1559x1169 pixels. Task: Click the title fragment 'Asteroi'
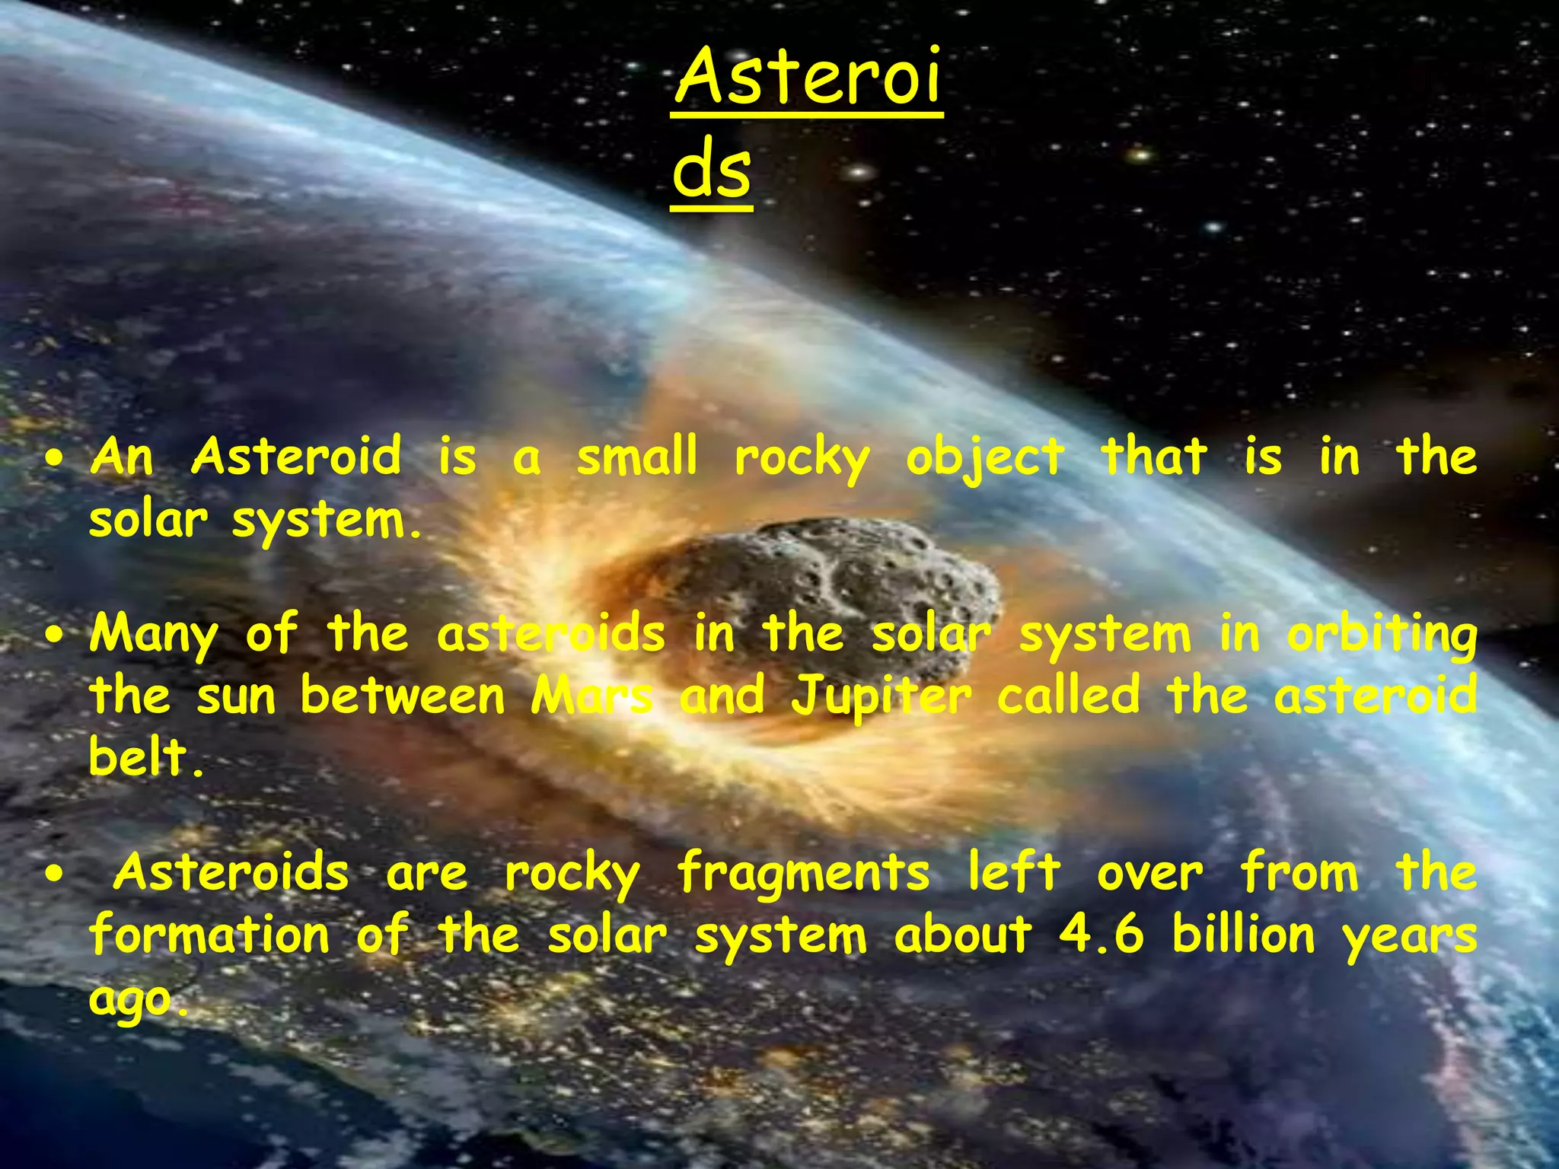[807, 78]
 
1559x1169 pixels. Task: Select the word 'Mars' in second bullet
[591, 696]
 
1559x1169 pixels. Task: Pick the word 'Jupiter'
[882, 697]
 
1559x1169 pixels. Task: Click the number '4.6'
[1101, 935]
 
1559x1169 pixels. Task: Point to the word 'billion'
[1243, 935]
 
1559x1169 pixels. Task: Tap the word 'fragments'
[803, 874]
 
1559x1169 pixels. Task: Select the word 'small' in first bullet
[636, 457]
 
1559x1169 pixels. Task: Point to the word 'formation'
[209, 935]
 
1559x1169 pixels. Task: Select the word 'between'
[403, 696]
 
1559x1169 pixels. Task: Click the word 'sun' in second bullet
[236, 697]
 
